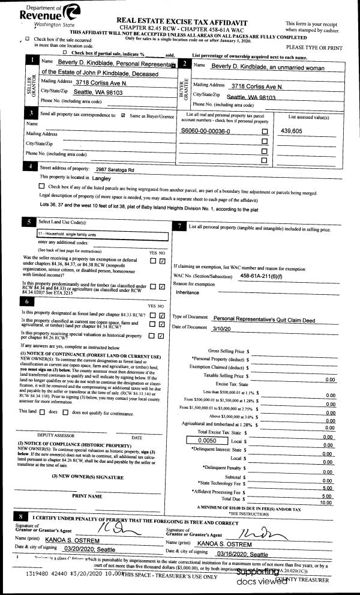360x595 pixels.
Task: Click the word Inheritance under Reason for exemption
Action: (x=187, y=292)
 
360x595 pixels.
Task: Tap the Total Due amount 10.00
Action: (x=326, y=503)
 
